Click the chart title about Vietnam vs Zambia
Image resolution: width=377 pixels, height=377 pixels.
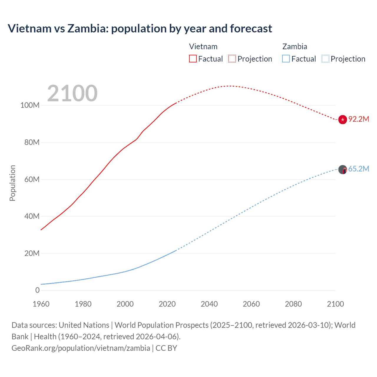tap(140, 29)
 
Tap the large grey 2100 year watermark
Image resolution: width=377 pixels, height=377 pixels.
tap(72, 93)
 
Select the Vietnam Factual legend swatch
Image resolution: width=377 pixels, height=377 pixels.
tap(193, 59)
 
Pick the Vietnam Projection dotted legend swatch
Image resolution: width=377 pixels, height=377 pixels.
tap(232, 59)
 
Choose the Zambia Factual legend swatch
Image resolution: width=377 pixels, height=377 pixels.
tap(286, 59)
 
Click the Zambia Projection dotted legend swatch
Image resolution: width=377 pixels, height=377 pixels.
tap(325, 59)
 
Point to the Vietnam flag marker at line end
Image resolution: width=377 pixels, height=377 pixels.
tap(343, 120)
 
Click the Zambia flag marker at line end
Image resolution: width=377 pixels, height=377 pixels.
tap(343, 170)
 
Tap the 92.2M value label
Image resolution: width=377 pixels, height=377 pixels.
tap(358, 119)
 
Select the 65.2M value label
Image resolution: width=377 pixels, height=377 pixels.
tap(358, 169)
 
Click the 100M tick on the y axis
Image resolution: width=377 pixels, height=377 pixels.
tap(30, 105)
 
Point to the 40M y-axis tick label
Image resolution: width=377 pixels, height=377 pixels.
tap(32, 216)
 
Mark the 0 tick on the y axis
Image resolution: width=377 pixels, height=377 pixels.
tap(37, 290)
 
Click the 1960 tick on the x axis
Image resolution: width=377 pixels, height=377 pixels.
tap(41, 304)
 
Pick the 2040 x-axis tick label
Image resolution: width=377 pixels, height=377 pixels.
tap(209, 304)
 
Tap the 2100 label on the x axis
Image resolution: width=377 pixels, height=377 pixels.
tap(335, 304)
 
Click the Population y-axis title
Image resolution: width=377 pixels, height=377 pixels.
tap(12, 183)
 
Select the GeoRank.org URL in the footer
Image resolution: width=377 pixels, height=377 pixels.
tap(81, 348)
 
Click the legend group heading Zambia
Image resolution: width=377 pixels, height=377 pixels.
tap(295, 47)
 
